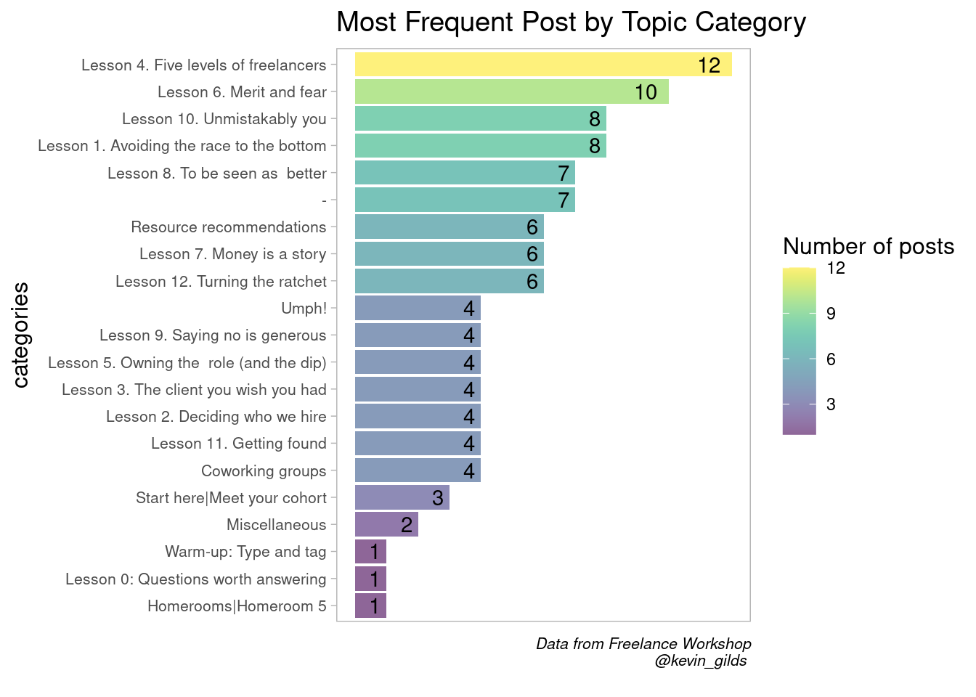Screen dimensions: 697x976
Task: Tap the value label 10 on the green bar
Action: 646,92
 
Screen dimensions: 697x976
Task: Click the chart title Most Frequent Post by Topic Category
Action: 571,23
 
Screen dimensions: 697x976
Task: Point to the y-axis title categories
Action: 21,335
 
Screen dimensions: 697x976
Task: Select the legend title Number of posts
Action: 869,247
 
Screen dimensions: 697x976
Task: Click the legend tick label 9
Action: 831,314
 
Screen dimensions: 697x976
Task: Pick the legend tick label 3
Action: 831,404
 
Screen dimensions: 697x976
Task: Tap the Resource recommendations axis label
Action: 229,227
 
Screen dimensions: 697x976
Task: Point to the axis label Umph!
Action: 304,309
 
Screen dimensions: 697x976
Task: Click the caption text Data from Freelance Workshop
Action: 643,644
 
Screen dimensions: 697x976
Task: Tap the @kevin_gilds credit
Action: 700,661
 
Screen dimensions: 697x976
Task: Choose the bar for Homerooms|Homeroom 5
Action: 370,606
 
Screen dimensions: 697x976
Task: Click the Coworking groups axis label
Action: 264,471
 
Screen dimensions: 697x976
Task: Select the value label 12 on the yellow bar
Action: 709,65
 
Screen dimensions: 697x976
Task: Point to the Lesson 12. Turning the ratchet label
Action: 221,282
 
